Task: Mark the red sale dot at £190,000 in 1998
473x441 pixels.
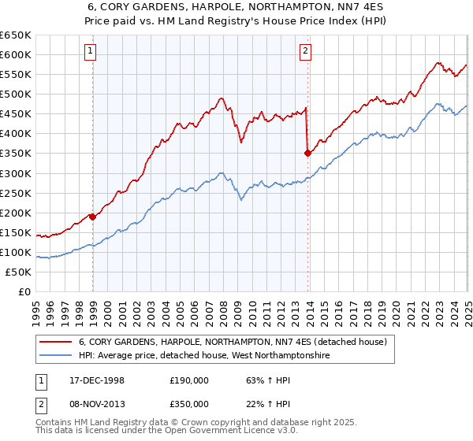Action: click(x=93, y=216)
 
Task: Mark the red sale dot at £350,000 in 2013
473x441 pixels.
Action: click(x=307, y=153)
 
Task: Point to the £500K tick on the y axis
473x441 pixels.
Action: click(x=17, y=94)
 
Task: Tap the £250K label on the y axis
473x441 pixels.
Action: click(x=17, y=193)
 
